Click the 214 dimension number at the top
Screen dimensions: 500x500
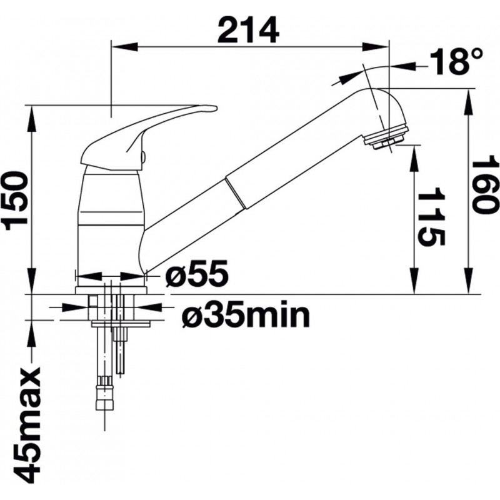[248, 29]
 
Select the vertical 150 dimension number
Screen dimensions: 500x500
[14, 201]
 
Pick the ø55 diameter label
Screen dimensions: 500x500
[197, 273]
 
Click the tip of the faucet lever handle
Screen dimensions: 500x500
[216, 108]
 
